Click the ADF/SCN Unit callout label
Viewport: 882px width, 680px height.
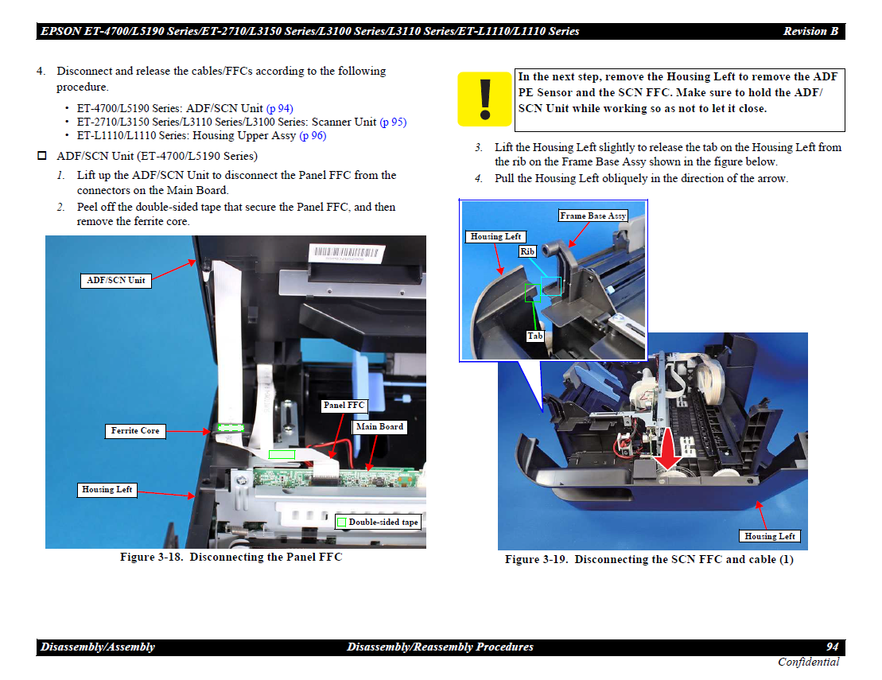click(115, 280)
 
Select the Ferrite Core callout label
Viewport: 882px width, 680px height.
click(135, 431)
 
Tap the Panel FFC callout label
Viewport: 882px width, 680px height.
click(344, 405)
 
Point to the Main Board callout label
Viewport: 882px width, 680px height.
click(379, 427)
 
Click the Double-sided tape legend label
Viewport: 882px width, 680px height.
click(378, 522)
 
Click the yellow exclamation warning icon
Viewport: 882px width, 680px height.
click(484, 99)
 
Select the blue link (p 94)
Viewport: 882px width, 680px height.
click(280, 108)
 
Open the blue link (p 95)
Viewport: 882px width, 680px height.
click(393, 122)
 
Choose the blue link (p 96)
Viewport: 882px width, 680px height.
click(313, 135)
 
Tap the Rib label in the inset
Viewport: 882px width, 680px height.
click(527, 251)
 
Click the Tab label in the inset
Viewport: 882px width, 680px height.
click(535, 336)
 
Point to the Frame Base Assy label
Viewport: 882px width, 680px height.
click(593, 216)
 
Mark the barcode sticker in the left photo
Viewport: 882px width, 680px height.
click(347, 253)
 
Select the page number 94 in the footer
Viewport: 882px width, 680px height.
click(833, 647)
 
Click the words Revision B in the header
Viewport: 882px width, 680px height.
click(810, 32)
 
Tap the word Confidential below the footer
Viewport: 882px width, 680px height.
click(808, 662)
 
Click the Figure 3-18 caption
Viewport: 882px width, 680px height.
click(231, 557)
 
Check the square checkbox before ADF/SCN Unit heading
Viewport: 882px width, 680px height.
click(41, 155)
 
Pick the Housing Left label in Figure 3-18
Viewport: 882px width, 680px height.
click(107, 490)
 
